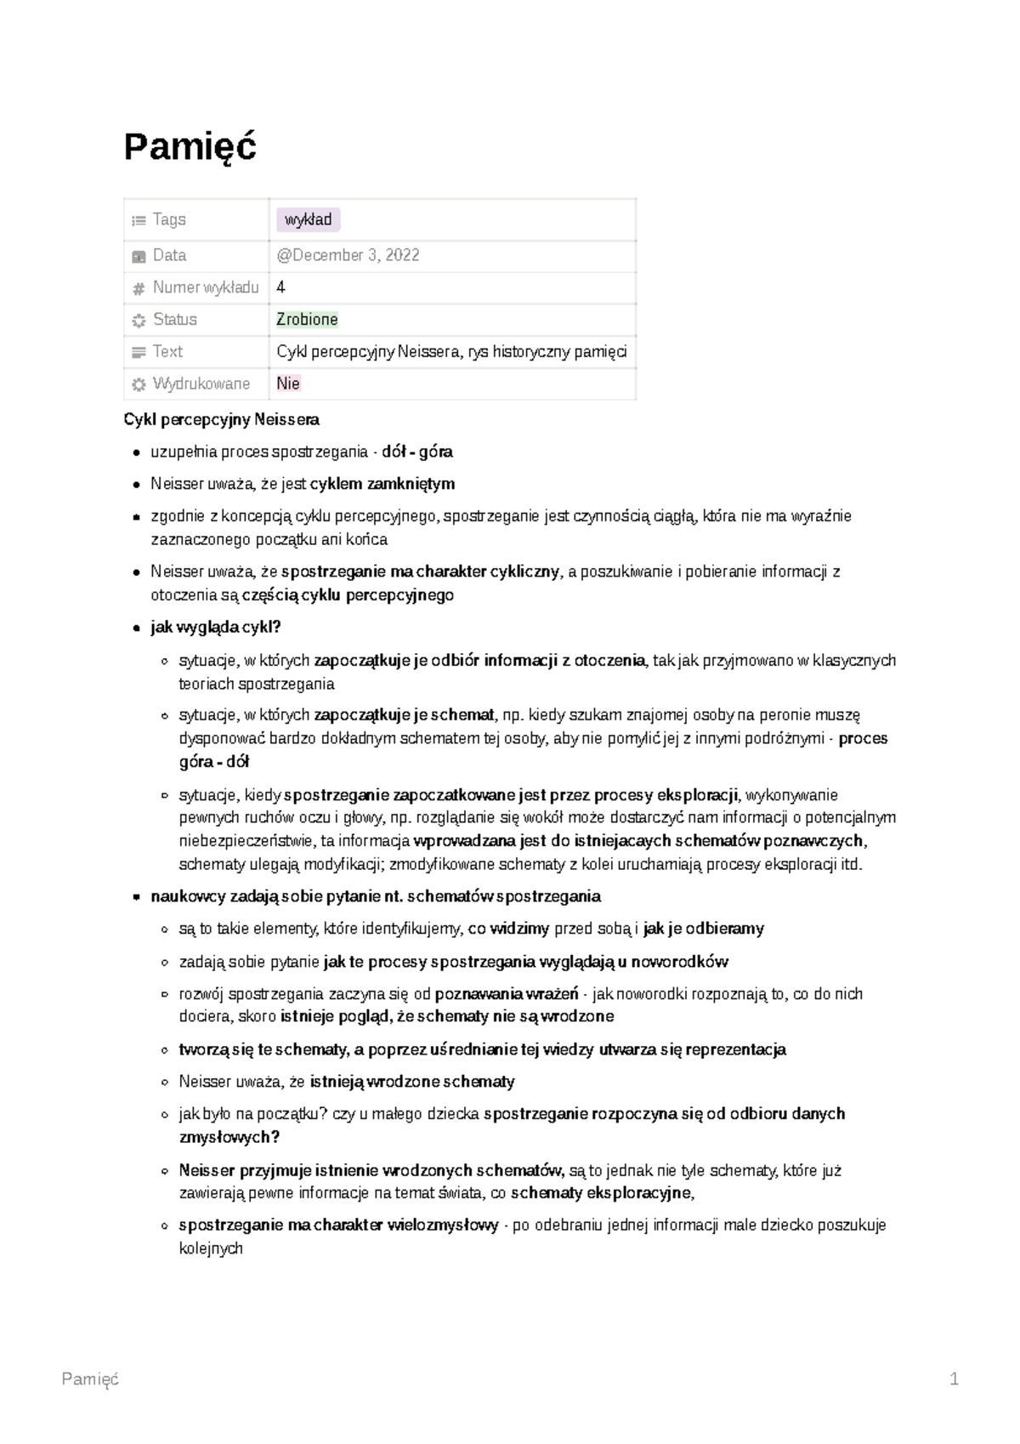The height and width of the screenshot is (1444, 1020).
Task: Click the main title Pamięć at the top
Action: point(190,147)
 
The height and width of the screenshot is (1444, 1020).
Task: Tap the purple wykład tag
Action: point(308,220)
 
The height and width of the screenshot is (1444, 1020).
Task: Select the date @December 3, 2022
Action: point(348,255)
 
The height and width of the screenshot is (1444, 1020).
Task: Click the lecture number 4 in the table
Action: point(280,287)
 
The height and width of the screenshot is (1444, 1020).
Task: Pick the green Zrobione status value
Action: point(307,320)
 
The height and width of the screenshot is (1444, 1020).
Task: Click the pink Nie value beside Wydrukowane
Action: point(288,384)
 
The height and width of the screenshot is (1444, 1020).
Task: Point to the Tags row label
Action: point(168,219)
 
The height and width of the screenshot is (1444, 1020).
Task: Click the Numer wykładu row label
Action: point(205,287)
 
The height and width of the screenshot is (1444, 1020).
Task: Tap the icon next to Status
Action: point(139,321)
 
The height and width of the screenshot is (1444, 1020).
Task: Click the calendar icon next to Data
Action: point(139,256)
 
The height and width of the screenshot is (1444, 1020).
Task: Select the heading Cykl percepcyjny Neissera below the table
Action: point(221,419)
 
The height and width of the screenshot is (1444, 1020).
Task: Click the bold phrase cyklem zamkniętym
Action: point(382,484)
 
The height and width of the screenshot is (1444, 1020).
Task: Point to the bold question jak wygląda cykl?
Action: point(215,628)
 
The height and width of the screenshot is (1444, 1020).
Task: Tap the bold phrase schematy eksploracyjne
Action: point(601,1193)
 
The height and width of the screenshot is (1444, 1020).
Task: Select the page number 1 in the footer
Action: point(954,1379)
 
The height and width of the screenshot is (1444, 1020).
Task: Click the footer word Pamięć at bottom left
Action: point(90,1379)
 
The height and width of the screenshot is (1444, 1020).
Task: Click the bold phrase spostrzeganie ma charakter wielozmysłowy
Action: point(338,1225)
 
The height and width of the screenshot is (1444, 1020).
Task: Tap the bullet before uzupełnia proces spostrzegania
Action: point(136,452)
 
